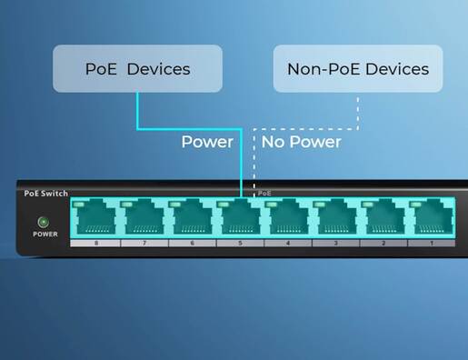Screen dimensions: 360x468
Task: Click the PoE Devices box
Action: [136, 69]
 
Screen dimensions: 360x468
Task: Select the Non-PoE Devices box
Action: [357, 69]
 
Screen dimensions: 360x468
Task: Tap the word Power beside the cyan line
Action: [207, 142]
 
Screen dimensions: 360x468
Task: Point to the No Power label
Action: [302, 142]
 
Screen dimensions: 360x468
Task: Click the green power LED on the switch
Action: [43, 221]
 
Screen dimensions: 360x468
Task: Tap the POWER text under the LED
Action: [45, 234]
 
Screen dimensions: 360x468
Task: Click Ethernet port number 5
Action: [237, 219]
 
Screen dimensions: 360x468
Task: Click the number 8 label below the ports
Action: [94, 244]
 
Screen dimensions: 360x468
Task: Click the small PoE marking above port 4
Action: [264, 194]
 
